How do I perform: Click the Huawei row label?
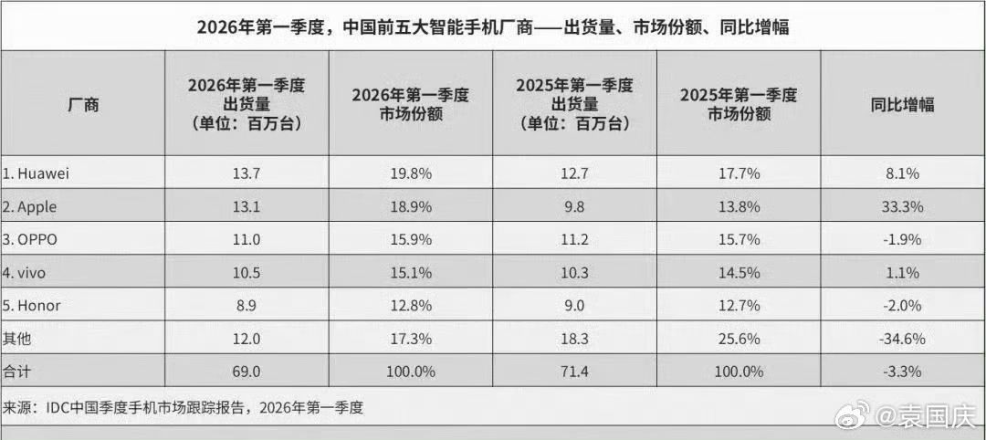click(36, 173)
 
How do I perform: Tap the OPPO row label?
click(30, 239)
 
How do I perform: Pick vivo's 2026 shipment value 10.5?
click(246, 273)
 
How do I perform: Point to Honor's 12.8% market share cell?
click(411, 306)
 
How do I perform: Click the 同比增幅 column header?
click(902, 104)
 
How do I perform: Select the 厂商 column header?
click(83, 104)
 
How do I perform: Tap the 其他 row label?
click(17, 339)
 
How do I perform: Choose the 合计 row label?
click(17, 372)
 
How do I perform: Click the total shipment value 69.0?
click(246, 372)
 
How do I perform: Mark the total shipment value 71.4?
click(575, 372)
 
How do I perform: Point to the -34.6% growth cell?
click(902, 339)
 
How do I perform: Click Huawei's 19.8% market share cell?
click(411, 173)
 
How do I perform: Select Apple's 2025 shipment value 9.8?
click(575, 206)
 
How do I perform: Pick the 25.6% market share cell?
click(739, 339)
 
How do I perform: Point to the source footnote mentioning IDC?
click(184, 408)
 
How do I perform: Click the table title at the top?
click(492, 27)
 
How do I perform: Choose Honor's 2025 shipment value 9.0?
click(575, 306)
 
